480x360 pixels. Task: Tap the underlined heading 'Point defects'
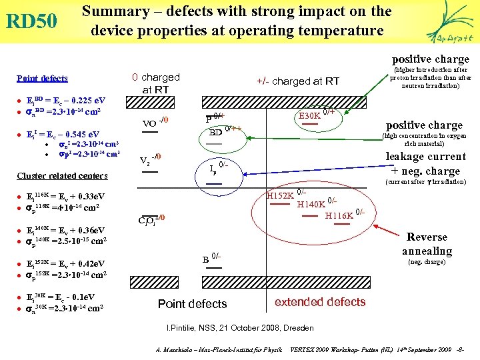point(41,79)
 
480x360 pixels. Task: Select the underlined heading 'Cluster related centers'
point(62,176)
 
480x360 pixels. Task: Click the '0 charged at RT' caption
point(155,83)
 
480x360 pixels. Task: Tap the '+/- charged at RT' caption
point(298,81)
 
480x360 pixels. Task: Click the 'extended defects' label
point(320,302)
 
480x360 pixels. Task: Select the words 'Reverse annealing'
point(427,244)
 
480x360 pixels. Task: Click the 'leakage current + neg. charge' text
point(426,163)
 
